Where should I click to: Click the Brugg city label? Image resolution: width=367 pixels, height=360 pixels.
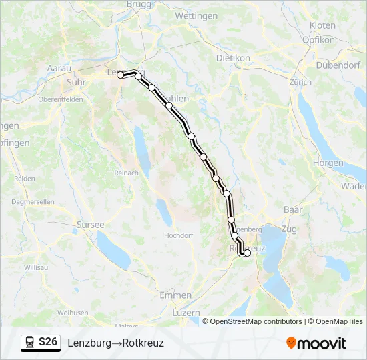point(139,4)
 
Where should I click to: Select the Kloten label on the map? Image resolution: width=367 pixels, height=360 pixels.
point(322,25)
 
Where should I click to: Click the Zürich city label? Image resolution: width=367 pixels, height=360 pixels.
point(300,82)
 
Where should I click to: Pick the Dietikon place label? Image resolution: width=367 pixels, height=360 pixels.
point(233,58)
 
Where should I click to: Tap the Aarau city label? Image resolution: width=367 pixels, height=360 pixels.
point(59,68)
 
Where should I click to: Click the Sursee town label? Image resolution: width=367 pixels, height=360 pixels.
point(91,225)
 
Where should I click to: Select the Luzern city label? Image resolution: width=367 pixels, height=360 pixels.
point(186,312)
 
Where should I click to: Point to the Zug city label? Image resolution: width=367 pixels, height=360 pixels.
point(289,229)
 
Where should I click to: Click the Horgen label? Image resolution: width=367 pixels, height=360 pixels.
point(328,163)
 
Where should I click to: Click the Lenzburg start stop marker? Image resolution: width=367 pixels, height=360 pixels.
point(121,75)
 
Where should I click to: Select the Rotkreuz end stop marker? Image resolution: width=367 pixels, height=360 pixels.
point(247,253)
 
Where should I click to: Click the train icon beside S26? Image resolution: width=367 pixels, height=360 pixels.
point(30,343)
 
